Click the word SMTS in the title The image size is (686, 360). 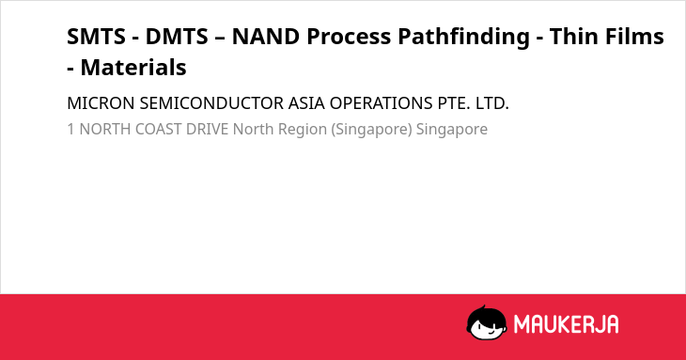(96, 37)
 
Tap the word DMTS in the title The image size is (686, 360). (177, 37)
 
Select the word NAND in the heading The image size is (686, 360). (266, 37)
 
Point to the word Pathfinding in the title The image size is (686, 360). (463, 38)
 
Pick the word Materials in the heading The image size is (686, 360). (133, 68)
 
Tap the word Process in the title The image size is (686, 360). (349, 38)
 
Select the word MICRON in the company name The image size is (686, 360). (101, 103)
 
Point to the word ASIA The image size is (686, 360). (306, 103)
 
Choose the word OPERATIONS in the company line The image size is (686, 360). (382, 103)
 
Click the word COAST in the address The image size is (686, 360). (159, 129)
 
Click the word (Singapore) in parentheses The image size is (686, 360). (372, 130)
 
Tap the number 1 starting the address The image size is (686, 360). (70, 129)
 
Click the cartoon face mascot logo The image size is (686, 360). (487, 323)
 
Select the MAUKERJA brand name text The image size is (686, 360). (567, 324)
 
